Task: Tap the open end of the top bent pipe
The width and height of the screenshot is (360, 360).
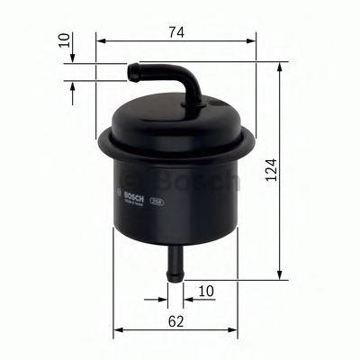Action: pyautogui.click(x=131, y=67)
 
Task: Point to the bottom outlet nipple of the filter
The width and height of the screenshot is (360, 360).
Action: pyautogui.click(x=175, y=260)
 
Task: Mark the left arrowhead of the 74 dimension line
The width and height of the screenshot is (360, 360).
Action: pyautogui.click(x=100, y=41)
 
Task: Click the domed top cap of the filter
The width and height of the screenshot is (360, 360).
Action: pyautogui.click(x=175, y=112)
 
